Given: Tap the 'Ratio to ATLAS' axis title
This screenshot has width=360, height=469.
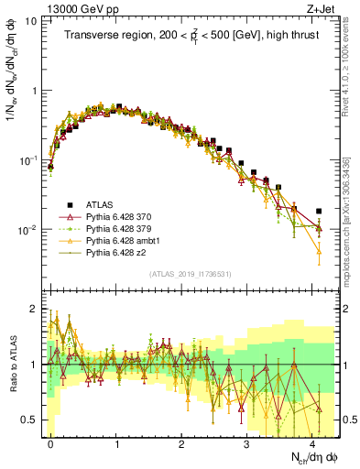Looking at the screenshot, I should coord(13,364).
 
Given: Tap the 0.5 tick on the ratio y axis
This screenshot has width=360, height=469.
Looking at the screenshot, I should coord(33,420).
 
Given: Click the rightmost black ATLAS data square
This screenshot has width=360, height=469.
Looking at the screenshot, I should coord(318,211).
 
